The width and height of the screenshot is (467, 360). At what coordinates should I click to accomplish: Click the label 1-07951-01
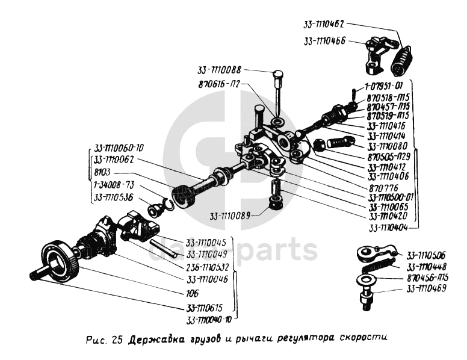387,87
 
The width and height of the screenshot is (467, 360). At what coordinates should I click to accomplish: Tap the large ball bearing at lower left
61,260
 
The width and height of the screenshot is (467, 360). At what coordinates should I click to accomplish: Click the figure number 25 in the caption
116,340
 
